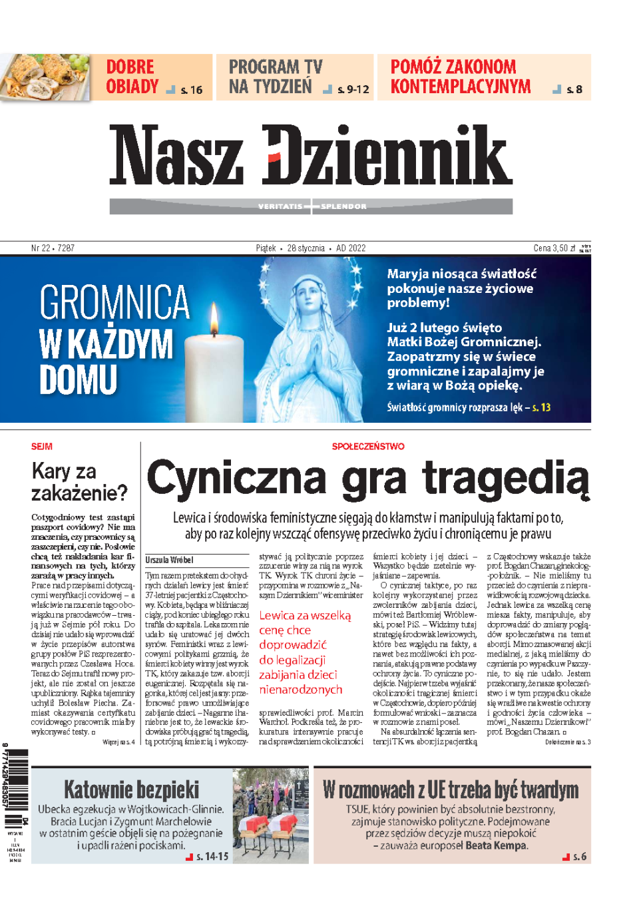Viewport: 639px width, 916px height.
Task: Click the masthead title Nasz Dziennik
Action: [311, 155]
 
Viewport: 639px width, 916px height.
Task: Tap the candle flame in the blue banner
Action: [214, 318]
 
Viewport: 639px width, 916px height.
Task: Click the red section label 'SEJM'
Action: [41, 447]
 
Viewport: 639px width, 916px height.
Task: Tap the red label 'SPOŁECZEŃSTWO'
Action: [368, 447]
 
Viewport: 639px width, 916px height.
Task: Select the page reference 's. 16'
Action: [191, 90]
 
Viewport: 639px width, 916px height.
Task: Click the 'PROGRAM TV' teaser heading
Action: [275, 67]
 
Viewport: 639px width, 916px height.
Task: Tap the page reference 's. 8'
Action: [574, 90]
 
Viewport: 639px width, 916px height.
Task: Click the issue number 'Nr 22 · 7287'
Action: [53, 248]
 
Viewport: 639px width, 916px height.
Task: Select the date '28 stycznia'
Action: [306, 248]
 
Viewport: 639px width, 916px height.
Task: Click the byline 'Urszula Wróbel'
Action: [170, 560]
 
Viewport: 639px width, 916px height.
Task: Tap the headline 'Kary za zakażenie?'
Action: [79, 482]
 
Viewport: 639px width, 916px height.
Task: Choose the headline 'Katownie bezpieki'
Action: [131, 790]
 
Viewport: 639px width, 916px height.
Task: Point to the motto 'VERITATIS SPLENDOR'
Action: [312, 206]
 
